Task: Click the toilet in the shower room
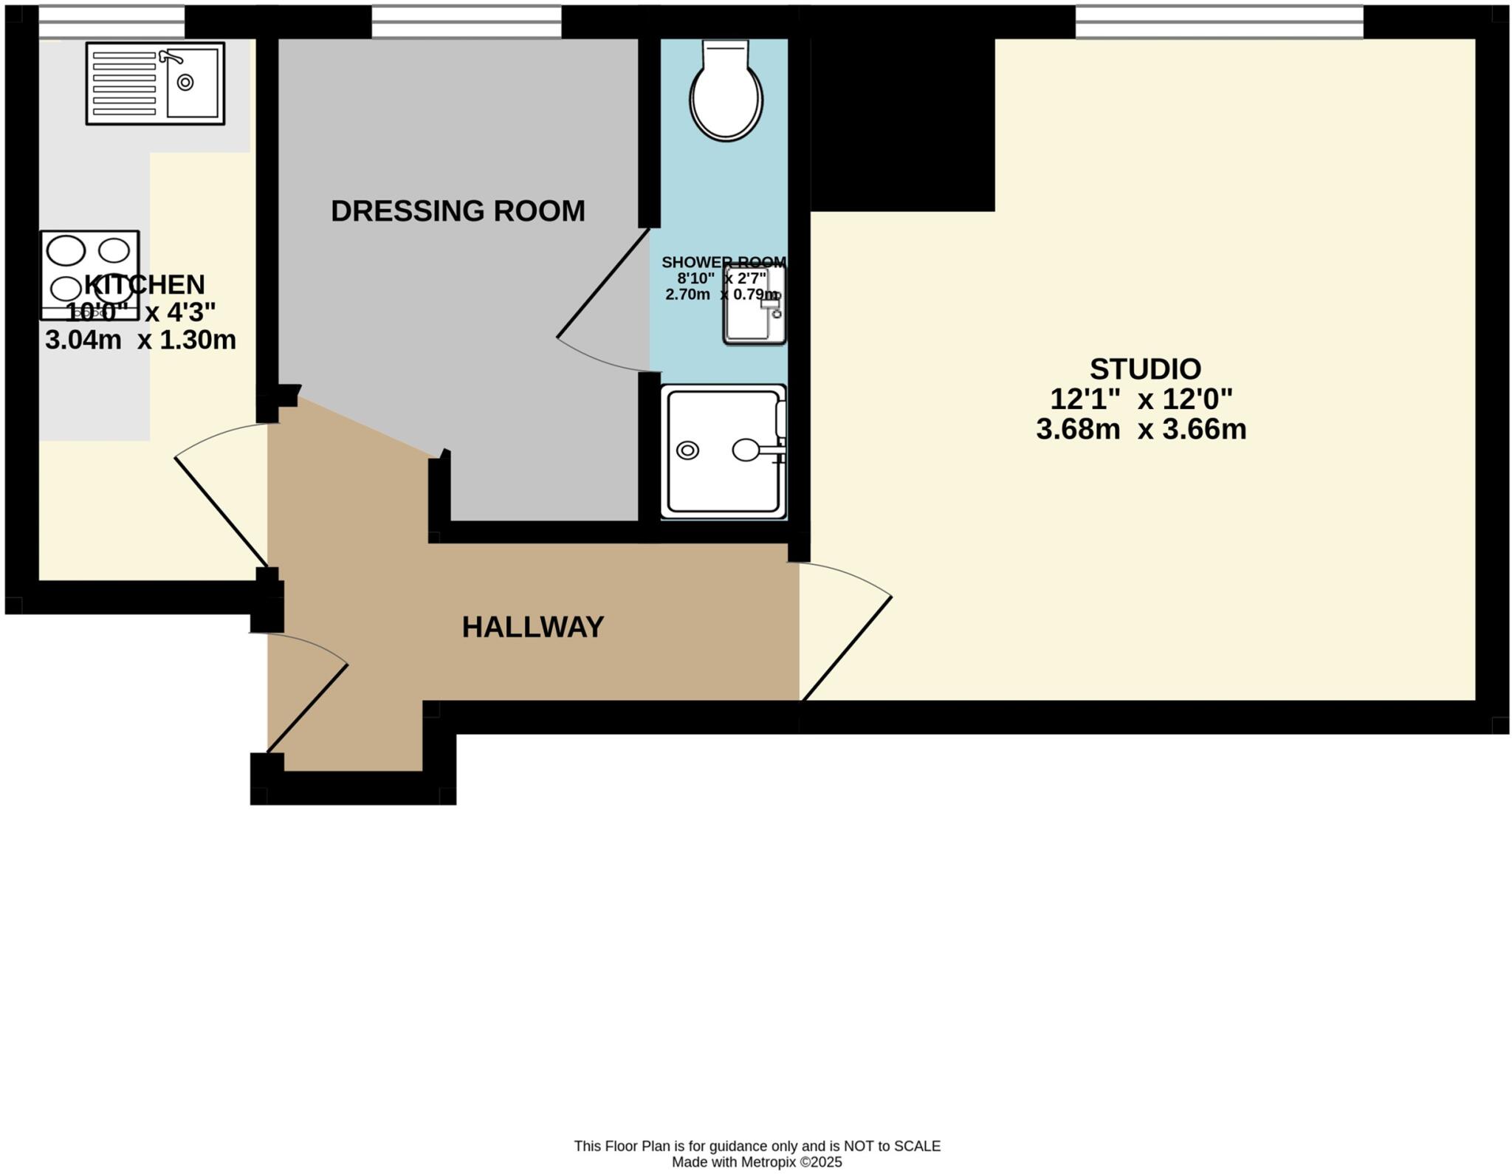click(726, 90)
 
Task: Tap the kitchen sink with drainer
click(155, 83)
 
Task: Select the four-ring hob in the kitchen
click(90, 275)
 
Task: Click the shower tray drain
click(687, 450)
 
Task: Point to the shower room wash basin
click(755, 304)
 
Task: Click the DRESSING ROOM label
click(458, 211)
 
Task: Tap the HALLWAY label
click(533, 627)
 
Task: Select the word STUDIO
click(1145, 368)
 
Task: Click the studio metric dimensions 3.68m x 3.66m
click(1141, 429)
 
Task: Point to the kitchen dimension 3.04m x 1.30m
click(140, 340)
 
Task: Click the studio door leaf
click(847, 648)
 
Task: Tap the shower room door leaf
click(603, 283)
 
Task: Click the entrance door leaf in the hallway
click(307, 708)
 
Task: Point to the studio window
click(1219, 21)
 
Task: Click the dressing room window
click(467, 21)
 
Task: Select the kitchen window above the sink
click(111, 21)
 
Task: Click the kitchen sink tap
click(171, 56)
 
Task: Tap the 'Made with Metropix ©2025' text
click(757, 1162)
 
